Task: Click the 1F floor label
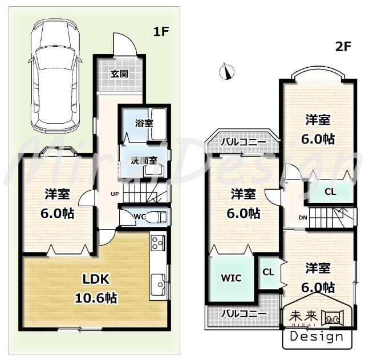[x=161, y=32]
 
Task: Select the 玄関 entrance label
[x=119, y=73]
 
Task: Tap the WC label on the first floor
[x=141, y=216]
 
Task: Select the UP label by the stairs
[x=114, y=194]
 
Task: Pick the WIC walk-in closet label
[x=231, y=278]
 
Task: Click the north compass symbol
[x=226, y=72]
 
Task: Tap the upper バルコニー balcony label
[x=243, y=141]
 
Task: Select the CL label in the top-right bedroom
[x=330, y=192]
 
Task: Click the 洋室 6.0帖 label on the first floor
[x=58, y=204]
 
